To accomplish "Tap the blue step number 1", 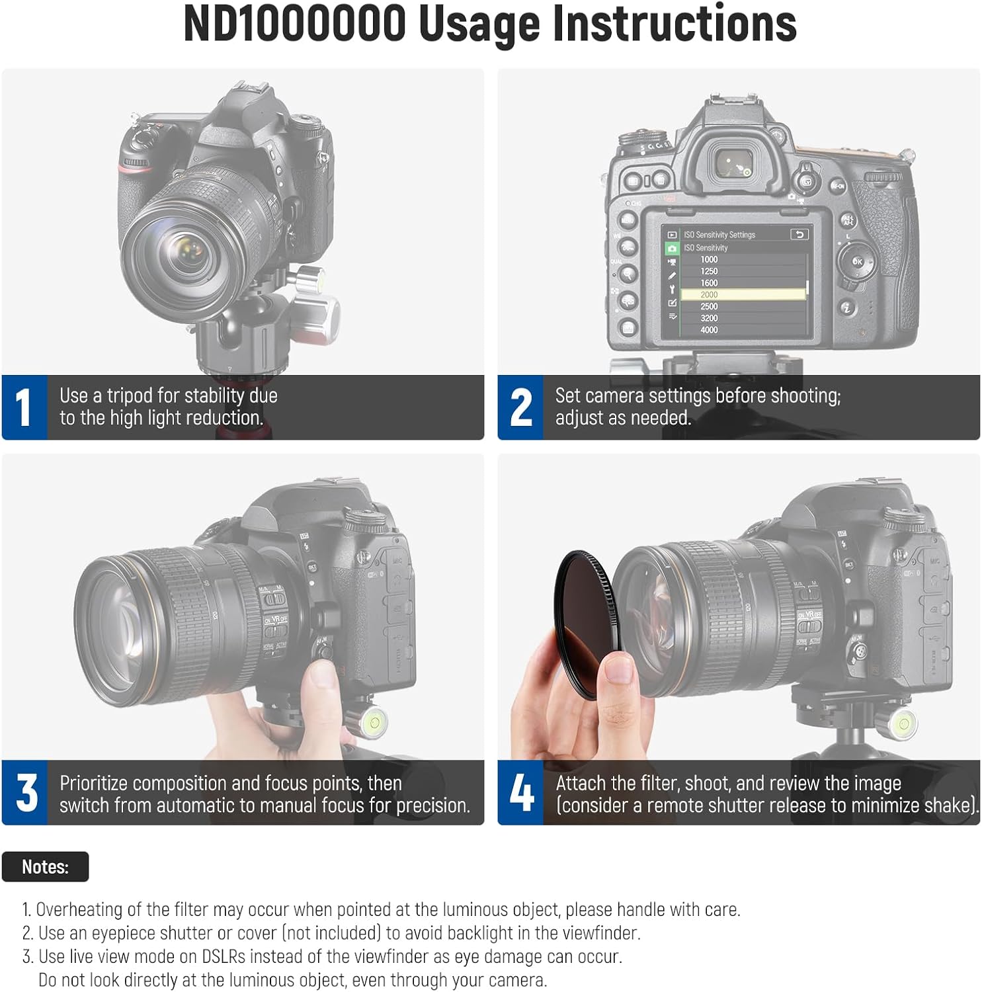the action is pyautogui.click(x=24, y=407).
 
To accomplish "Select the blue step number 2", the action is pyautogui.click(x=520, y=407).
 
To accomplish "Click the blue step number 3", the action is pyautogui.click(x=26, y=792).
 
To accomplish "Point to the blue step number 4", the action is pyautogui.click(x=521, y=792).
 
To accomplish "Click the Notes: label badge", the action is pyautogui.click(x=45, y=866).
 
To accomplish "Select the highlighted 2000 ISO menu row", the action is pyautogui.click(x=743, y=294).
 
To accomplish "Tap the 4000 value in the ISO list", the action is pyautogui.click(x=709, y=330).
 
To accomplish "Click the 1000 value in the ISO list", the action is pyautogui.click(x=709, y=260).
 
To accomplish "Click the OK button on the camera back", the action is pyautogui.click(x=857, y=262).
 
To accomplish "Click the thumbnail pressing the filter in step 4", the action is pyautogui.click(x=619, y=669).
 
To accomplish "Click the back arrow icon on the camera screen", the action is pyautogui.click(x=799, y=235).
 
